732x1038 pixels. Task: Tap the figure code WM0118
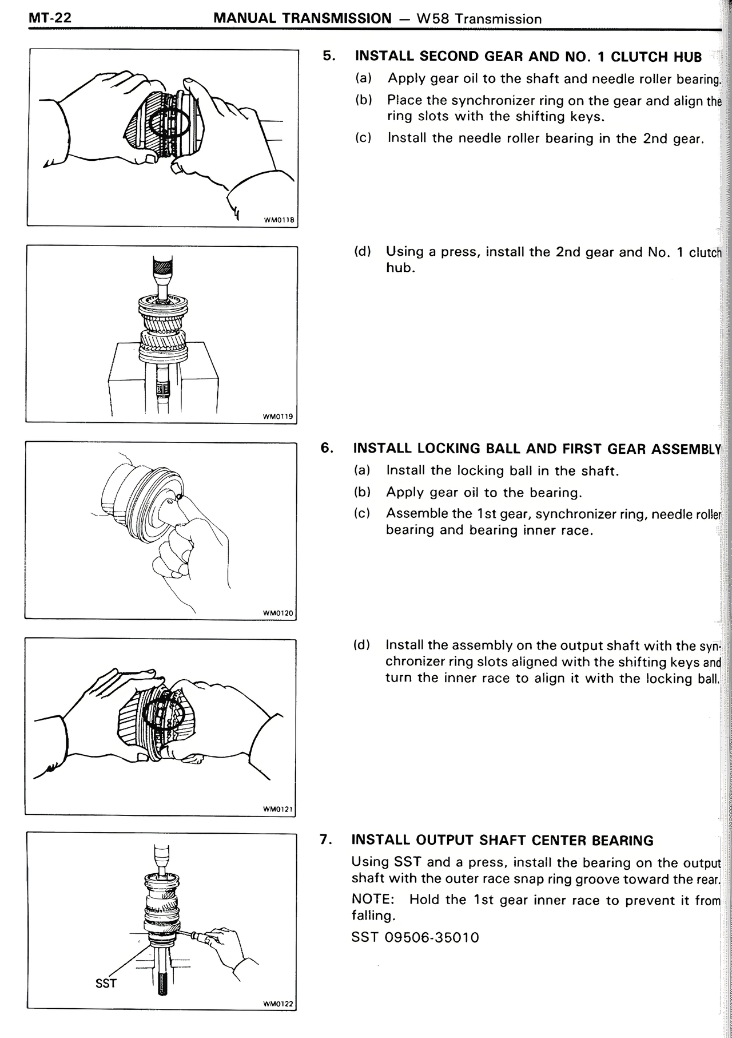(279, 220)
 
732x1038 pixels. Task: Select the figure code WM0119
(278, 416)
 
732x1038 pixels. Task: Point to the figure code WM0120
(277, 613)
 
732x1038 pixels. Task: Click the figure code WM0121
(277, 809)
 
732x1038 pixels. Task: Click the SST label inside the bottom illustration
(106, 983)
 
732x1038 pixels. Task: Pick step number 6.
(327, 447)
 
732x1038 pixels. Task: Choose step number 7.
(326, 839)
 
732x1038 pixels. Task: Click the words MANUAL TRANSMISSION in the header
(302, 18)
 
